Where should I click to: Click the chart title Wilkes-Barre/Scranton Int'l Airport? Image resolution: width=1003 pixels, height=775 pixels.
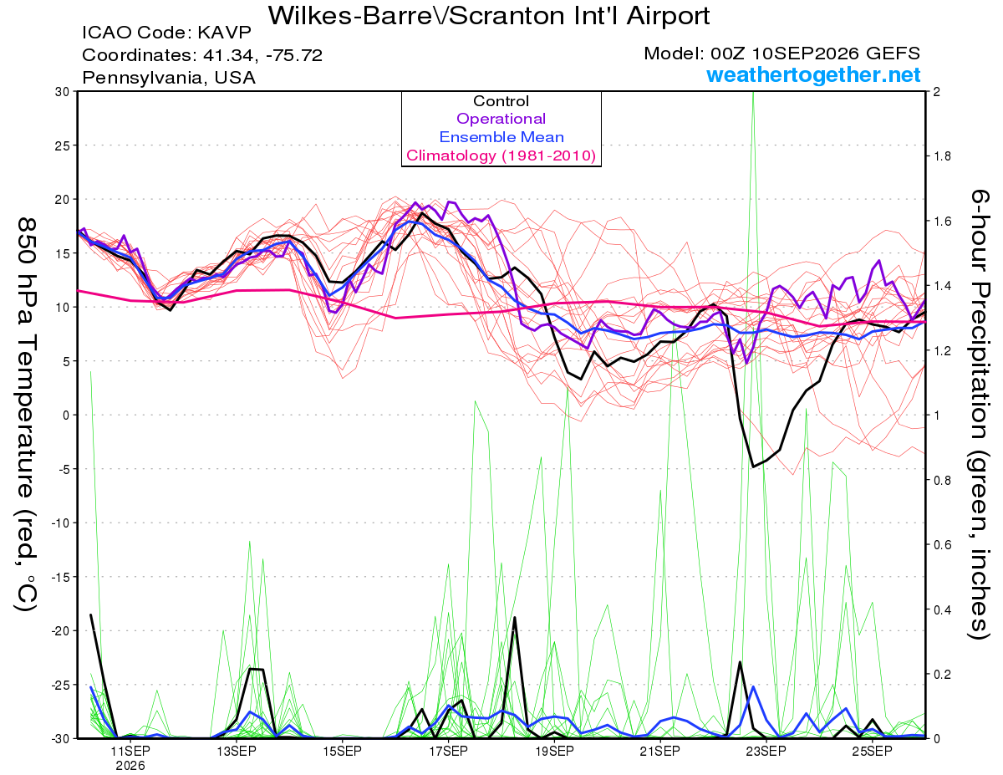point(489,15)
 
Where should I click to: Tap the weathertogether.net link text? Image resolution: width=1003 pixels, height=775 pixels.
point(813,74)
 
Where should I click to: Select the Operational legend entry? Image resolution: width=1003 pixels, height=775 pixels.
point(501,119)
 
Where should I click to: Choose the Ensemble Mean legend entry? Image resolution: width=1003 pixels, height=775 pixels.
point(501,137)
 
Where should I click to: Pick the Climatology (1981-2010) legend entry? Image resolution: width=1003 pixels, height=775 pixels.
point(501,156)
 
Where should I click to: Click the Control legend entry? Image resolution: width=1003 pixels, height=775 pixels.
point(501,101)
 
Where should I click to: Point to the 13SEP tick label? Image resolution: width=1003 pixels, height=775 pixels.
point(237,751)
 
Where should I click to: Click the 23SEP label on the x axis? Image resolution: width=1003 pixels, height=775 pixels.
point(766,751)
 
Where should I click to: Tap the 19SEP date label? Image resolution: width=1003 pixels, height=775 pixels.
point(554,751)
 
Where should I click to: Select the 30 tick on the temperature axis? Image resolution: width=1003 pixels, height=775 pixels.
point(63,92)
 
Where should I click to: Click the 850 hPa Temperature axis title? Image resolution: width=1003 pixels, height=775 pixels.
point(26,415)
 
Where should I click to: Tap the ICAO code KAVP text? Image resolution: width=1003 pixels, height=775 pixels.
point(166,33)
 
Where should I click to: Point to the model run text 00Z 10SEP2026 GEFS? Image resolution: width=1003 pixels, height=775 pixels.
point(815,54)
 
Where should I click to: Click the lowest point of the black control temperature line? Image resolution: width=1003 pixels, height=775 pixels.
point(753,467)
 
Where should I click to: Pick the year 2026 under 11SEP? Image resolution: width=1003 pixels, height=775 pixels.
point(130,766)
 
